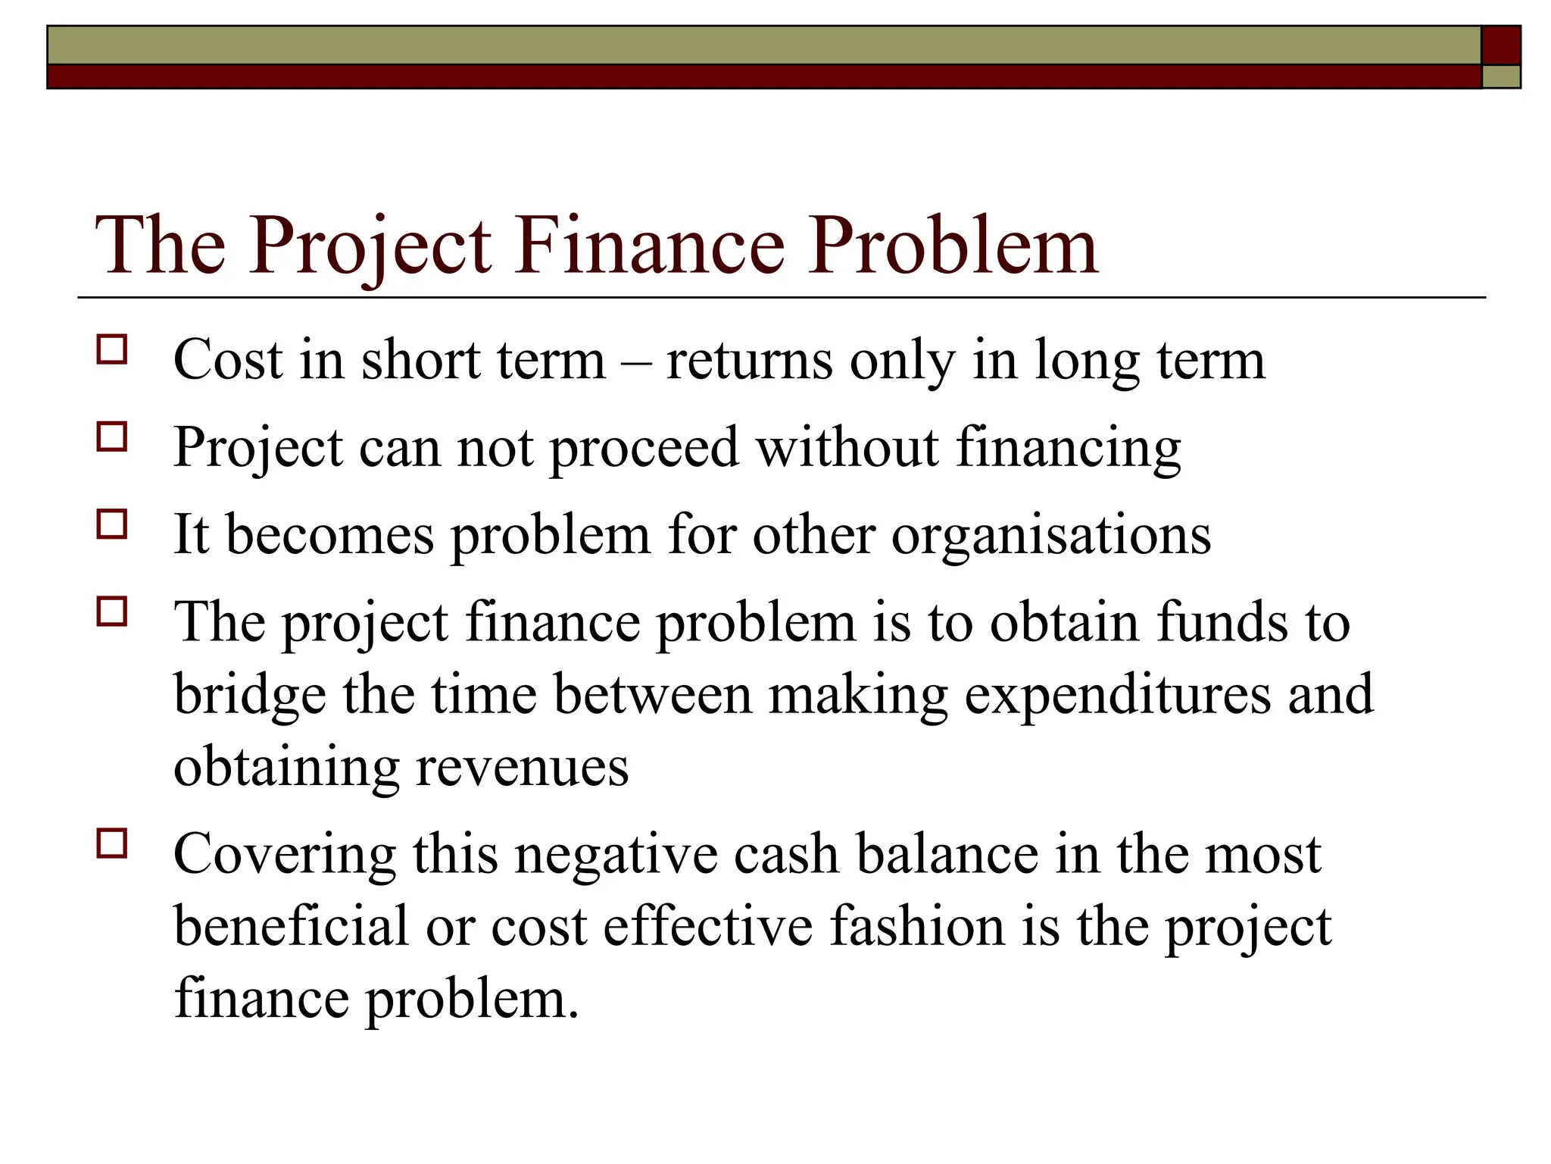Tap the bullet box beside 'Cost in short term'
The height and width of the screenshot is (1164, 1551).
point(112,350)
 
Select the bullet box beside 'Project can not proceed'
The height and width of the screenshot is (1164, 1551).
point(112,437)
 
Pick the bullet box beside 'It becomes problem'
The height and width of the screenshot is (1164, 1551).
point(112,524)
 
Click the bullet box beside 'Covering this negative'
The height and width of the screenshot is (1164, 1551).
point(112,843)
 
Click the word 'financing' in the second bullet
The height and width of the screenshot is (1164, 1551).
point(1068,449)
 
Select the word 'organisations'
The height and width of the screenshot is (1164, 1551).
point(1051,536)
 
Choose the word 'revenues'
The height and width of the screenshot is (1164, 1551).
point(522,767)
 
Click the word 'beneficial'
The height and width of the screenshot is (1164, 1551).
point(292,926)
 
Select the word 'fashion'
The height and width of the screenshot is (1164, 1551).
point(916,926)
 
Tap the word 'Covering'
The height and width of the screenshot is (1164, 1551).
point(284,855)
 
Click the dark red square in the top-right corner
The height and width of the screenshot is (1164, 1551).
point(1500,45)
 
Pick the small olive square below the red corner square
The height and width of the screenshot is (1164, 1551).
point(1500,77)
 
